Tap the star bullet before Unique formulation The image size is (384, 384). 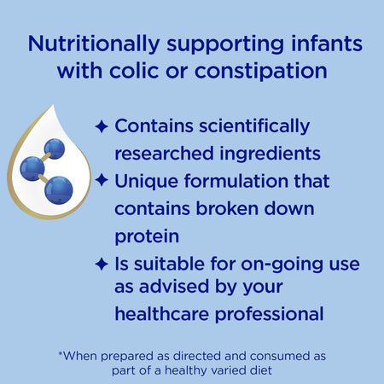101,181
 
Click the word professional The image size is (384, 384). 273,314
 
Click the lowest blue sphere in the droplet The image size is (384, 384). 60,189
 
